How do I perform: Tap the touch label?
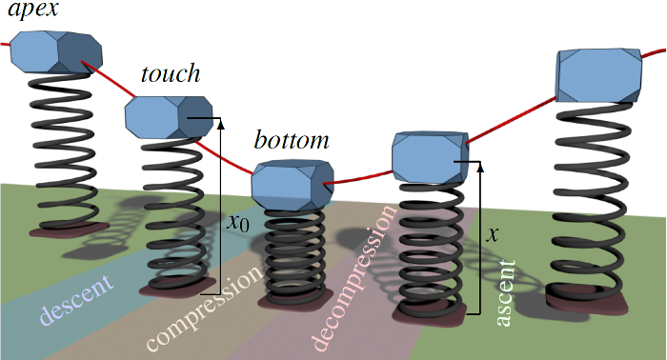pos(170,74)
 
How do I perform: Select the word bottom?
pos(292,141)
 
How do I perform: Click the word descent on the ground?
pos(76,298)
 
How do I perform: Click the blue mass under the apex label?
pos(56,51)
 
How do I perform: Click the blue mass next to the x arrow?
pos(429,154)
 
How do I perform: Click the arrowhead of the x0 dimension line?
pos(220,122)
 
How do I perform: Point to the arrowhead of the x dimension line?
pos(478,166)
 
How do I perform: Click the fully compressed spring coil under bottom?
pos(292,252)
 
